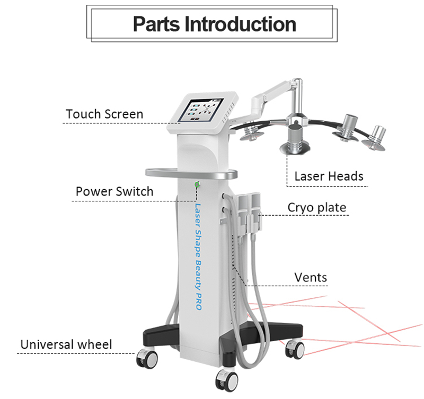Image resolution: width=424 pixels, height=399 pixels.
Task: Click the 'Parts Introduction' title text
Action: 214,24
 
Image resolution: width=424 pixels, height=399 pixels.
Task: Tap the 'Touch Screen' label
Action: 104,114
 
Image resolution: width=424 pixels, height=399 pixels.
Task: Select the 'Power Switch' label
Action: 114,191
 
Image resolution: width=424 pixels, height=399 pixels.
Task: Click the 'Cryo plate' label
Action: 317,207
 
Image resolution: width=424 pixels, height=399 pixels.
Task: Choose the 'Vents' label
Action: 311,277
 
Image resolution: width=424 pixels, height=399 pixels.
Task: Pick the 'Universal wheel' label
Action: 66,344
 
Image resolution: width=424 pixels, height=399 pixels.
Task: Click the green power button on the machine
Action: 197,184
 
